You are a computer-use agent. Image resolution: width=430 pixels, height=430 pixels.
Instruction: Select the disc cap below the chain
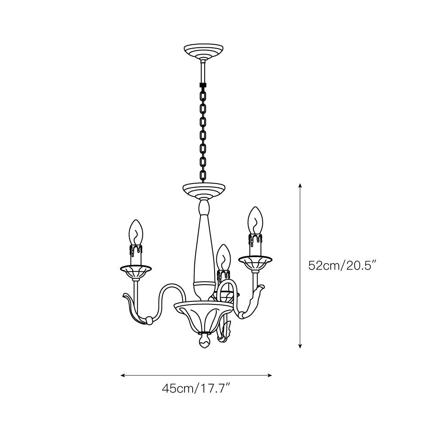click(204, 189)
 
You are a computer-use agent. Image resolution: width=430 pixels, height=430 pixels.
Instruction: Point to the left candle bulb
click(136, 233)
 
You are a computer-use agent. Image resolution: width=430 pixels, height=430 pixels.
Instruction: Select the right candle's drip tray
click(256, 261)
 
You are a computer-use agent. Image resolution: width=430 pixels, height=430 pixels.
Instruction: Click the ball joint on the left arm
click(148, 320)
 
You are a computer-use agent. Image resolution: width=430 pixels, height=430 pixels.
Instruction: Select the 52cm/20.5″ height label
click(342, 265)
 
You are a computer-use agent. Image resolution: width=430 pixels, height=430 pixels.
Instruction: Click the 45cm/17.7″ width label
click(197, 389)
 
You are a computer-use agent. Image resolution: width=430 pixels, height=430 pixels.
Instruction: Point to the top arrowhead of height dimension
click(300, 185)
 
